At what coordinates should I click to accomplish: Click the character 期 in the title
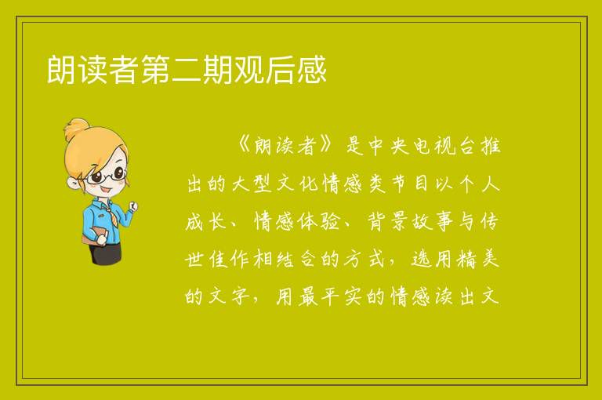[x=217, y=70]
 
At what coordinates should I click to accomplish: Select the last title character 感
[x=312, y=70]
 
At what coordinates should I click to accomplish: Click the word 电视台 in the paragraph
[x=444, y=146]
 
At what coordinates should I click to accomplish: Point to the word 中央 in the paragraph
[x=388, y=146]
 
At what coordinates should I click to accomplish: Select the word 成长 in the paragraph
[x=206, y=222]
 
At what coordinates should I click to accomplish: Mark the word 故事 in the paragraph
[x=433, y=222]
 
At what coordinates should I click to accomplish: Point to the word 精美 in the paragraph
[x=478, y=260]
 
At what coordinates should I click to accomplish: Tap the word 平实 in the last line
[x=343, y=297]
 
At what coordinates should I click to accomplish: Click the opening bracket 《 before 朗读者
[x=244, y=146]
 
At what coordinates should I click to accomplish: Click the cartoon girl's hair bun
[x=77, y=129]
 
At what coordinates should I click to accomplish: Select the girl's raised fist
[x=132, y=206]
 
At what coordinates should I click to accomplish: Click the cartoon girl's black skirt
[x=106, y=253]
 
